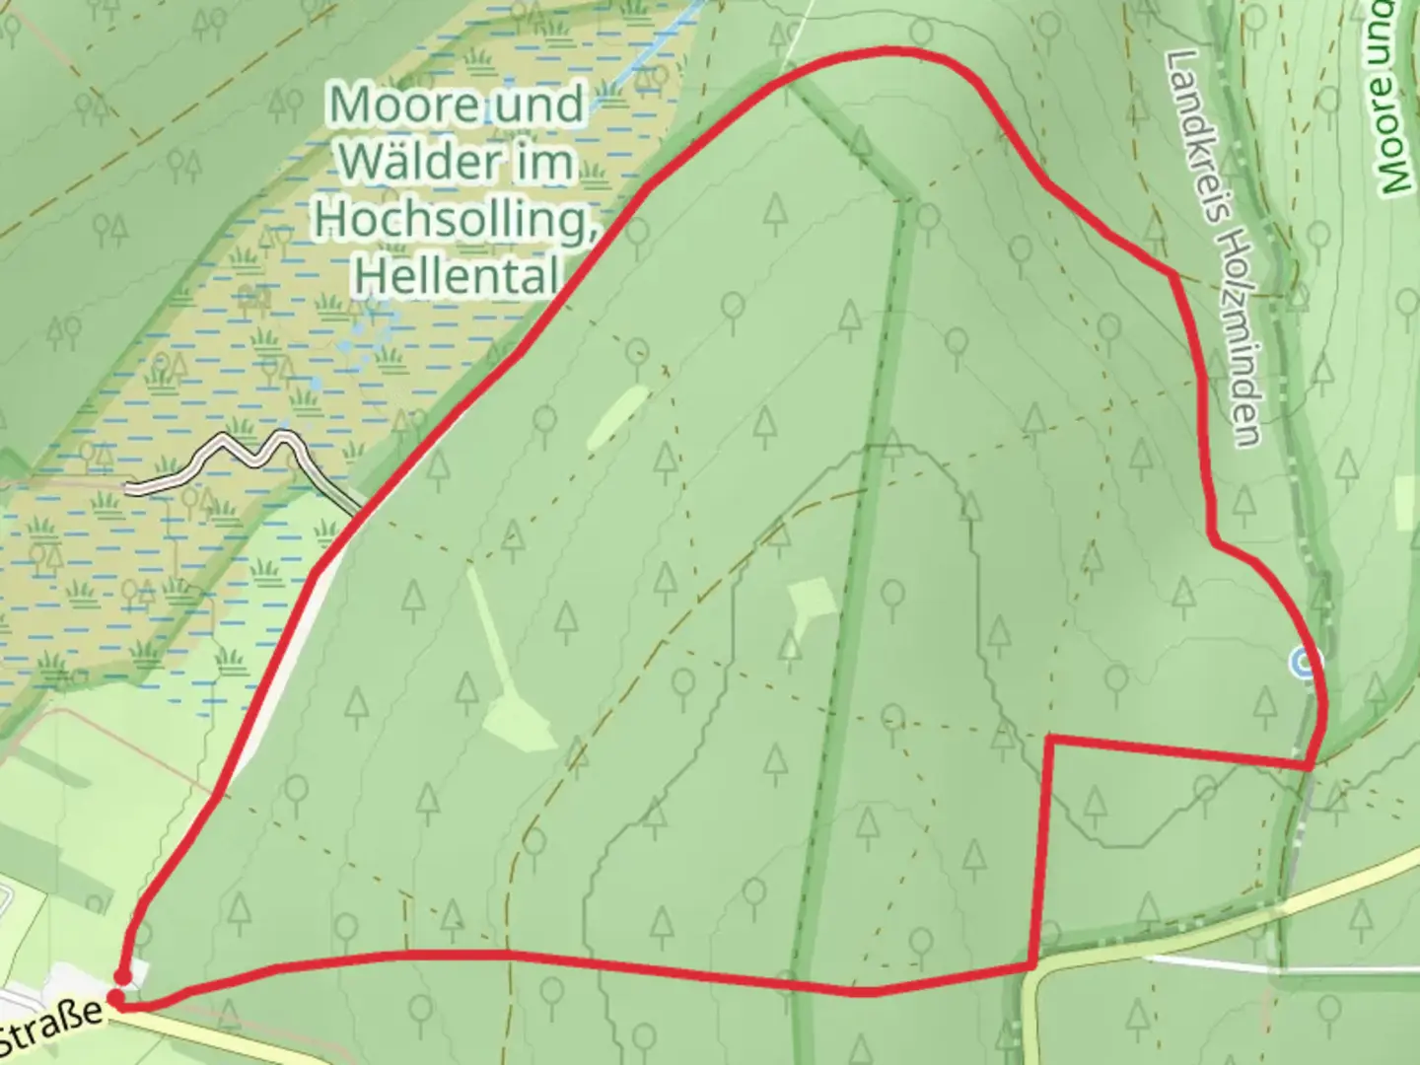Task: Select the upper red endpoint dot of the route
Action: click(122, 977)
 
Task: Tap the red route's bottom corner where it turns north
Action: click(1031, 963)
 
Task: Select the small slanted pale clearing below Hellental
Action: click(617, 418)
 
